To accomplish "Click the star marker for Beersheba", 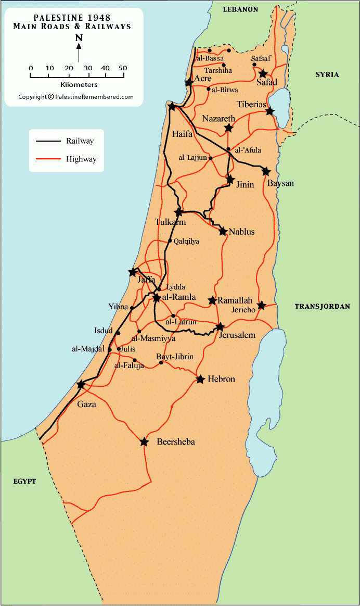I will [x=144, y=442].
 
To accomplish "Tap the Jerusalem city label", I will [x=237, y=335].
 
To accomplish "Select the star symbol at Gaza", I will [x=81, y=385].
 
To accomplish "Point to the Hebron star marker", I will [x=200, y=380].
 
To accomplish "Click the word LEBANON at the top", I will [x=240, y=9].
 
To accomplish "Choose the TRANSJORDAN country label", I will [x=323, y=307].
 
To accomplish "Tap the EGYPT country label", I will [x=24, y=481].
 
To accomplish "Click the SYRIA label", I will [x=327, y=74].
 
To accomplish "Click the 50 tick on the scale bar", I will [x=123, y=68].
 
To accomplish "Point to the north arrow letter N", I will [x=79, y=37].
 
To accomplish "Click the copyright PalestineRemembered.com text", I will [x=76, y=97].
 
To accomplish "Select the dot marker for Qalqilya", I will [x=170, y=241].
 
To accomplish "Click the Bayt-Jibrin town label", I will [x=175, y=357].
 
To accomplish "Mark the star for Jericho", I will [x=261, y=305].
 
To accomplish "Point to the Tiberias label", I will [x=251, y=104].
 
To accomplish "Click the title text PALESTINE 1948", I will [x=72, y=17].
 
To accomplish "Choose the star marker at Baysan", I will [x=266, y=171].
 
